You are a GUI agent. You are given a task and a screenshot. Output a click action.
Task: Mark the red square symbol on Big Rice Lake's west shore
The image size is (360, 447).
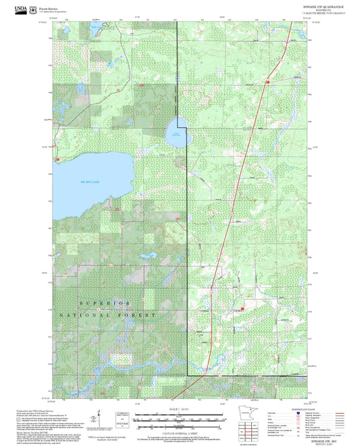[x=57, y=159]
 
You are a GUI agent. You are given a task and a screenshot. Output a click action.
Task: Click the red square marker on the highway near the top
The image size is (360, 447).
[x=268, y=82]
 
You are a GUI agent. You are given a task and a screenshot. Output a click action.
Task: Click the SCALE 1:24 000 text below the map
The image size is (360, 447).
[x=178, y=409]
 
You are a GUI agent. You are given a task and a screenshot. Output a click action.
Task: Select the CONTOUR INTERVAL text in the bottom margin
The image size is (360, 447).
[x=178, y=431]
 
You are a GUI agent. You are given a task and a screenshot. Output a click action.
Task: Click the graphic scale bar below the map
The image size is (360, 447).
[x=178, y=419]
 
